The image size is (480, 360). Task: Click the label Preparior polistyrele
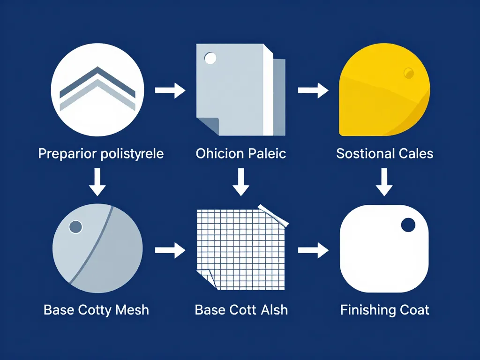coord(101,154)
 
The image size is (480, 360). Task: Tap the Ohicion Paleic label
coord(241,153)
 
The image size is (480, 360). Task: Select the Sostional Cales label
coord(385,153)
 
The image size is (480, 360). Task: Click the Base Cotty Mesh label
coord(96,310)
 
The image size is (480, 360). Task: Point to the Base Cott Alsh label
coord(241,310)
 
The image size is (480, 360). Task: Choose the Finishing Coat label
coord(385,310)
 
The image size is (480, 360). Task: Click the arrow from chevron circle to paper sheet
coord(170,90)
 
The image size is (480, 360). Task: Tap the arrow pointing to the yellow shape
coord(313,90)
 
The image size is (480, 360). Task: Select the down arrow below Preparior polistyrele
coord(97,182)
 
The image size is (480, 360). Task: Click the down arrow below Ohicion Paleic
coord(241,182)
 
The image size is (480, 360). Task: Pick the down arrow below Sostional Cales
coord(384,182)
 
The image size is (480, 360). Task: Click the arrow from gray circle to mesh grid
coord(170,250)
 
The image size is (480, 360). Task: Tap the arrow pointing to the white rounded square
coord(313,250)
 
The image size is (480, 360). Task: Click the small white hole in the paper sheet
coord(210,58)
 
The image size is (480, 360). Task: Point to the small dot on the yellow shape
coord(409,73)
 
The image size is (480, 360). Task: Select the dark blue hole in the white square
coord(408,225)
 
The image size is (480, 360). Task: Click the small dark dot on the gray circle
coord(75,227)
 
